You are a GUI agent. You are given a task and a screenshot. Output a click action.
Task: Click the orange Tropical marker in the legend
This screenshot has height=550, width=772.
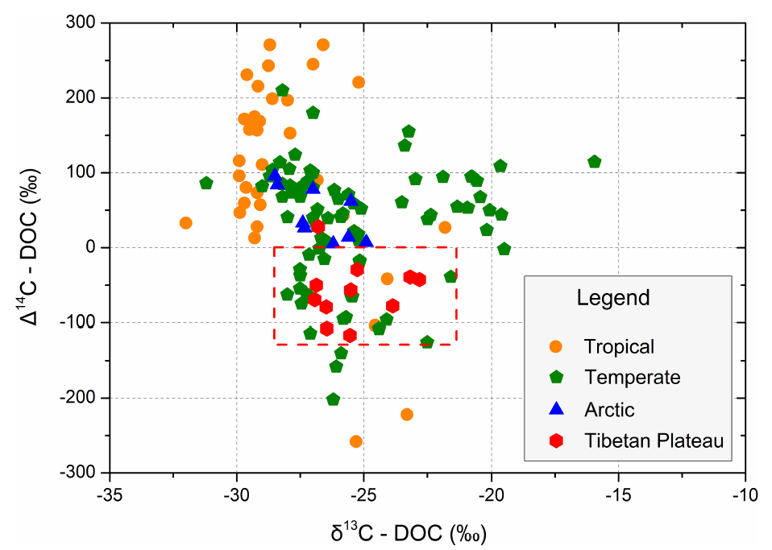pos(554,347)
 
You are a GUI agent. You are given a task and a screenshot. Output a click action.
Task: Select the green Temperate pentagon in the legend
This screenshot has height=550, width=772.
pos(554,378)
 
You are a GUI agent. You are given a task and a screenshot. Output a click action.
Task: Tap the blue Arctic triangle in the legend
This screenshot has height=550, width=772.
pos(554,409)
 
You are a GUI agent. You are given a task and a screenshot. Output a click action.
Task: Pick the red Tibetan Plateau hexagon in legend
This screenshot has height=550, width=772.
pos(554,440)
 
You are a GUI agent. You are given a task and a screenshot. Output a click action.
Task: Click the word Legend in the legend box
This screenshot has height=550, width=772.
pos(612,298)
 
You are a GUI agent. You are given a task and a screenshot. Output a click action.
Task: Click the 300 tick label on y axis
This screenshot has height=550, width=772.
pos(81,23)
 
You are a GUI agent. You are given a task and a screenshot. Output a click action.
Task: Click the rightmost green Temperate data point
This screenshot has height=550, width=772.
pos(595,162)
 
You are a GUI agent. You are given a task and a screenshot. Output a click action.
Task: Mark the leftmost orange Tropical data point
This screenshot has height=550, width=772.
pos(186,223)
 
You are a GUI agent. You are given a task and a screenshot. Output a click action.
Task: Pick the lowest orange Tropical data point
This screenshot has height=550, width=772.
pos(355,441)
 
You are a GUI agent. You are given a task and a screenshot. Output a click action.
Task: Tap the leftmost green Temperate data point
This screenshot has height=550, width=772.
pos(206,183)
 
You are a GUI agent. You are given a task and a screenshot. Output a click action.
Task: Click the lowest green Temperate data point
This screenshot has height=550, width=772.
pos(333,399)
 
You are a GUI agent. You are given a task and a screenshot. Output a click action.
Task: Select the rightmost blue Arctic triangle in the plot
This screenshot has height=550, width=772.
pos(366,240)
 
